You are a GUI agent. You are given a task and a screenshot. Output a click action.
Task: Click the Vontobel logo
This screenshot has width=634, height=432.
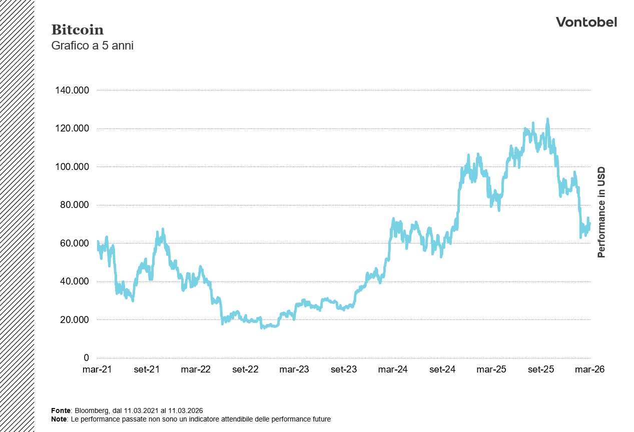(x=586, y=22)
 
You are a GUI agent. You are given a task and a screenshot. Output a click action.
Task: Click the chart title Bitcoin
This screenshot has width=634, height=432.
(x=78, y=30)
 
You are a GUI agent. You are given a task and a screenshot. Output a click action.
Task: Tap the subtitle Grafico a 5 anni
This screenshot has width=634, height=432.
(x=92, y=45)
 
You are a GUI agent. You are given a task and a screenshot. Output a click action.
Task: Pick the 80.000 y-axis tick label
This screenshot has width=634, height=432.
(x=73, y=205)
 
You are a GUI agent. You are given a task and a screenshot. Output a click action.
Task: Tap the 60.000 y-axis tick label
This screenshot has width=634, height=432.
(x=73, y=243)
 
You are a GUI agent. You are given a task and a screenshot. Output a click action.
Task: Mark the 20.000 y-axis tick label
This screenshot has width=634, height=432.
(x=73, y=320)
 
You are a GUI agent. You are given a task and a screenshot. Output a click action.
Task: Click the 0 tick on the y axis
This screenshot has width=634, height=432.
(x=86, y=358)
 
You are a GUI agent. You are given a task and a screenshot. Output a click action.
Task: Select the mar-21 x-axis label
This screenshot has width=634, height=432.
(x=97, y=369)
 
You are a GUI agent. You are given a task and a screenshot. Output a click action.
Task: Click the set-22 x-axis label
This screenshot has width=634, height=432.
(x=245, y=369)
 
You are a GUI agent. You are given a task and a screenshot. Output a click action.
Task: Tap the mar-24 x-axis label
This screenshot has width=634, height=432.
(x=393, y=369)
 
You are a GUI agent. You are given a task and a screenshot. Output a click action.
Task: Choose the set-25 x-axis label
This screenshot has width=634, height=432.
(x=541, y=369)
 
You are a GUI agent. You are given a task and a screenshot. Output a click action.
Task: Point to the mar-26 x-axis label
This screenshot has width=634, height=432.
(x=590, y=369)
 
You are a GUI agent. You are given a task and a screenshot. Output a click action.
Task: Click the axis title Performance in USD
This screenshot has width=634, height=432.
(x=601, y=212)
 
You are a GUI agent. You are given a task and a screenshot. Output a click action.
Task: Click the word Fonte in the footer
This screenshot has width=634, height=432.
(x=61, y=410)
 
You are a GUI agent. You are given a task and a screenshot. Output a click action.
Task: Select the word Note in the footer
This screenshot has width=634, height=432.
(x=59, y=419)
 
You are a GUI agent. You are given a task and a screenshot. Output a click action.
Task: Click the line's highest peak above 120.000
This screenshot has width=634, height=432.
(x=547, y=119)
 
